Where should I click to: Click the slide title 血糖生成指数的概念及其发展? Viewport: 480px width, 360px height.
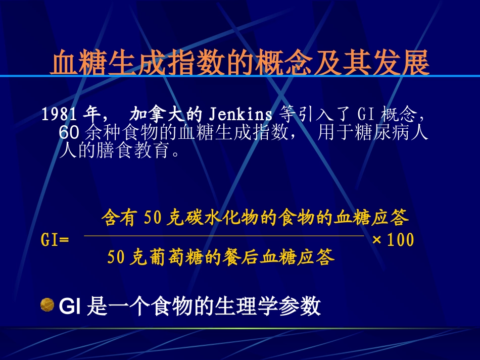240,63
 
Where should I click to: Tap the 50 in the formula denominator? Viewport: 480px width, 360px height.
116,258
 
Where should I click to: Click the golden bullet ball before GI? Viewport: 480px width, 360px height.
47,304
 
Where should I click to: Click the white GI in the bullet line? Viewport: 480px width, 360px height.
68,306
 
